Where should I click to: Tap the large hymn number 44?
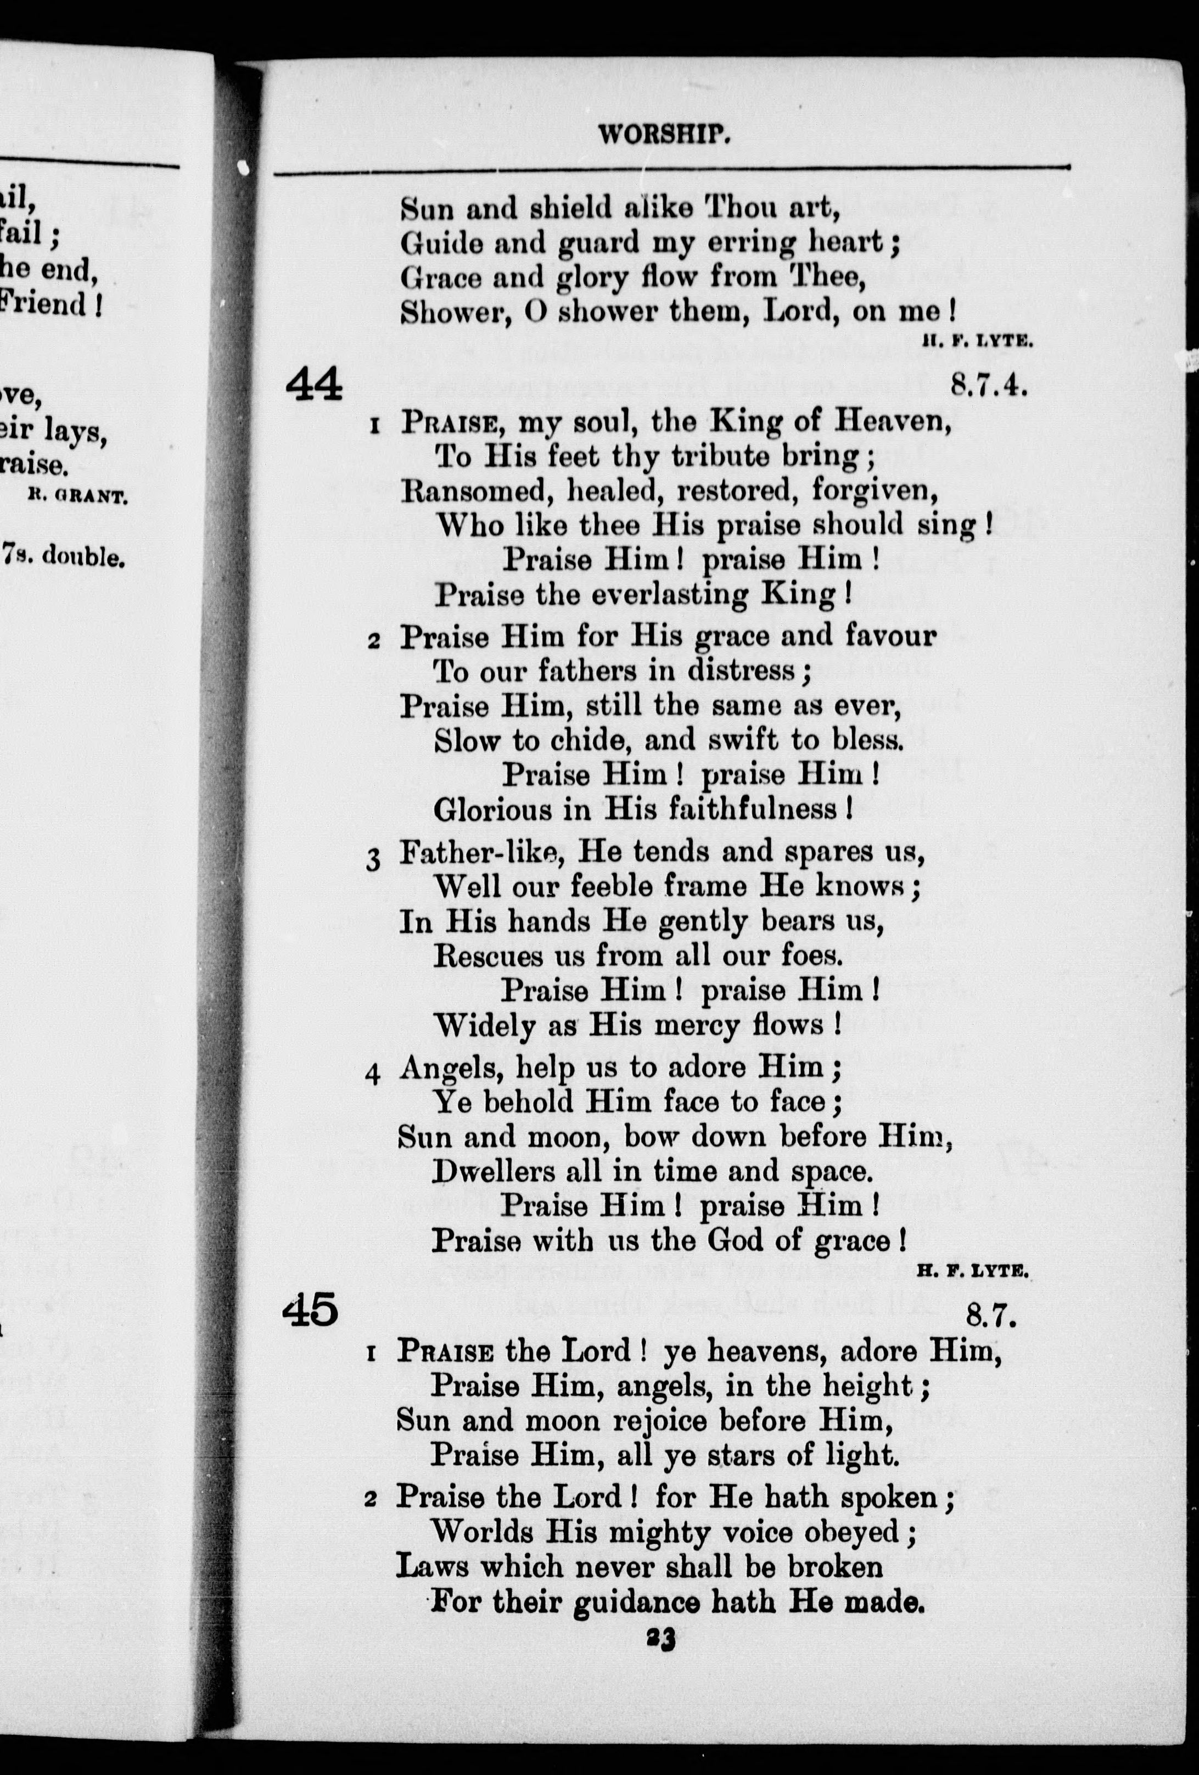[x=314, y=385]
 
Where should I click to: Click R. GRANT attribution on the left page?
[x=76, y=497]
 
